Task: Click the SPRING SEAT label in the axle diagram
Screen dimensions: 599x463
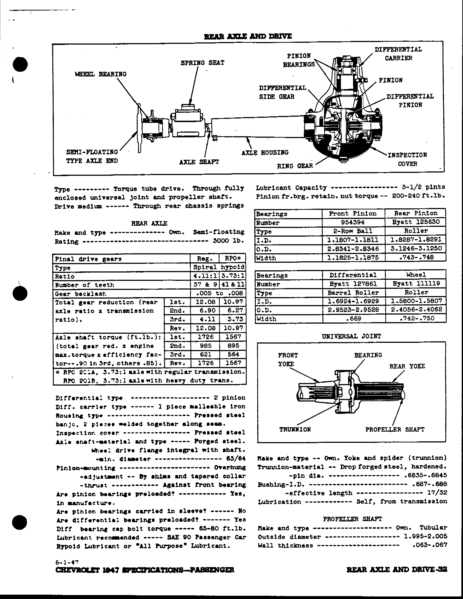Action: click(x=202, y=63)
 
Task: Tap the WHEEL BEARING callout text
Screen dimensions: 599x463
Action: click(x=101, y=74)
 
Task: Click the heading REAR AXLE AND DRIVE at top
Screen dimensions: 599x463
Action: click(x=248, y=36)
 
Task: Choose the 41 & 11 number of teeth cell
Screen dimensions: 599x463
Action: click(x=233, y=285)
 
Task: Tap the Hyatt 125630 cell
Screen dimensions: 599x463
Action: click(x=416, y=222)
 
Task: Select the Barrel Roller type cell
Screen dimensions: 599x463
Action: click(x=353, y=293)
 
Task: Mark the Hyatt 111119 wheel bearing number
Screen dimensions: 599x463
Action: click(x=416, y=284)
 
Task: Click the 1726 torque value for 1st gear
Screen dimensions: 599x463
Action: click(x=205, y=337)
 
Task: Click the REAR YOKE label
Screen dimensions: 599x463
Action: click(x=407, y=366)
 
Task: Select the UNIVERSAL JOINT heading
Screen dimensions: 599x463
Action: click(x=351, y=336)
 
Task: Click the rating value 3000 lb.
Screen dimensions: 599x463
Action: click(x=228, y=241)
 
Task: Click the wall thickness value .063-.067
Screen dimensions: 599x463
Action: click(x=429, y=545)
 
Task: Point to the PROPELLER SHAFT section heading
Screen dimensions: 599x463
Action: click(x=352, y=519)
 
